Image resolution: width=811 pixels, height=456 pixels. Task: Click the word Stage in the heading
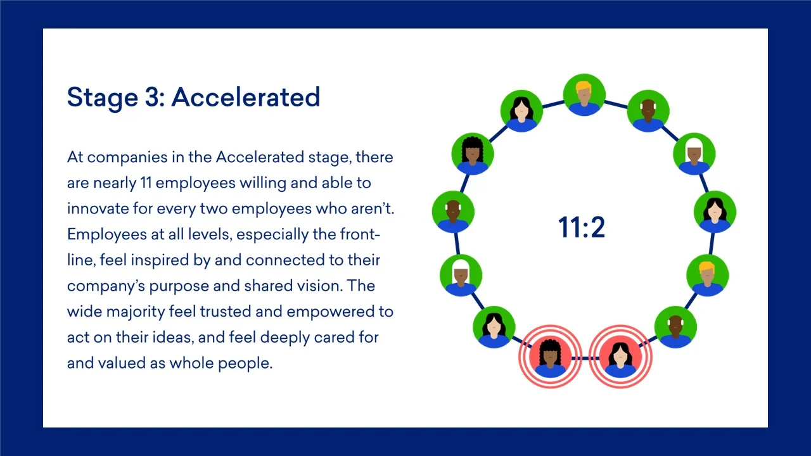pyautogui.click(x=103, y=98)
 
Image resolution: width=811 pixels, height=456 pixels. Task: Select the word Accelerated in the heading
pyautogui.click(x=246, y=97)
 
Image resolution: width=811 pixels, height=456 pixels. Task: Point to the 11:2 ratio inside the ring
pyautogui.click(x=582, y=227)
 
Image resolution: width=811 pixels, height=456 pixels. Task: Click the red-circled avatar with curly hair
pyautogui.click(x=551, y=357)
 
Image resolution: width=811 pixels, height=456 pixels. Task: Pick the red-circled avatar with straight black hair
pyautogui.click(x=620, y=357)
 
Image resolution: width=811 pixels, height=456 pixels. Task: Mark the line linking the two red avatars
pyautogui.click(x=585, y=358)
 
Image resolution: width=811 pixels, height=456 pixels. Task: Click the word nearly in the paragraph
pyautogui.click(x=115, y=184)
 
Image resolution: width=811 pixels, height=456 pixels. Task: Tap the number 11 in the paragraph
pyautogui.click(x=146, y=183)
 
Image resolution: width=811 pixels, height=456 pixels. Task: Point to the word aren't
pyautogui.click(x=373, y=208)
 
